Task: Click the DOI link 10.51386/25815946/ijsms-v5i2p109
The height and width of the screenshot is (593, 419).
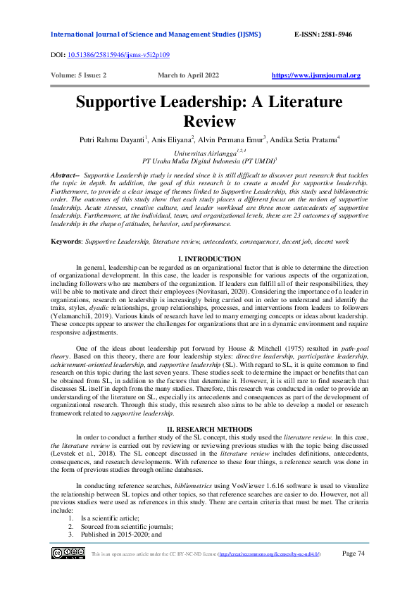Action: point(117,54)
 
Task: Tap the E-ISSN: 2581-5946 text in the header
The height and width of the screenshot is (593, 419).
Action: point(323,35)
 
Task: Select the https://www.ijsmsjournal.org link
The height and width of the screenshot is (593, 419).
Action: point(315,75)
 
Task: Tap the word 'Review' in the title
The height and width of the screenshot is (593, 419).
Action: point(208,121)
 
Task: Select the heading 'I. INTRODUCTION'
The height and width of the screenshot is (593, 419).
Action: point(209,260)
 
